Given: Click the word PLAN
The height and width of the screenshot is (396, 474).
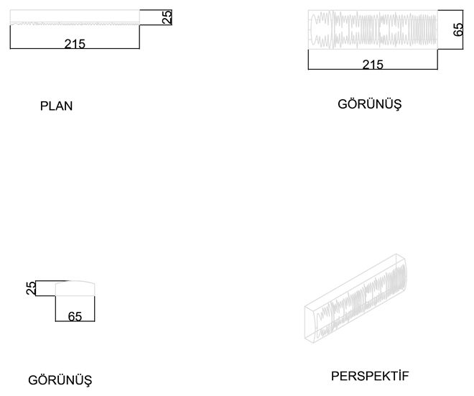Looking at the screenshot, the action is pyautogui.click(x=56, y=106).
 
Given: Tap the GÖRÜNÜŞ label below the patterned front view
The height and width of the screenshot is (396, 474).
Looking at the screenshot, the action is pyautogui.click(x=369, y=105).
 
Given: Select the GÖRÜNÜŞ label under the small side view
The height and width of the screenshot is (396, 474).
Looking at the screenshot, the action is pyautogui.click(x=60, y=380).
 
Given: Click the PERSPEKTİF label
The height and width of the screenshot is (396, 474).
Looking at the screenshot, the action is pyautogui.click(x=370, y=376).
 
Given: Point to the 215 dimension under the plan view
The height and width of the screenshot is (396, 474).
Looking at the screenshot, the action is pyautogui.click(x=75, y=44).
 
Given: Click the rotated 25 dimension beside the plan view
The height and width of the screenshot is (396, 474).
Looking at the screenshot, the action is pyautogui.click(x=167, y=17).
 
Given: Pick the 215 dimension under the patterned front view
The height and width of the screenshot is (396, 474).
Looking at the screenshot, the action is pyautogui.click(x=373, y=65).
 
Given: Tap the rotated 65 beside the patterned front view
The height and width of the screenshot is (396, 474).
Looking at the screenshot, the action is pyautogui.click(x=458, y=29).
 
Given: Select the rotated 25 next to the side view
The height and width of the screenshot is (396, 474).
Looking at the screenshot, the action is pyautogui.click(x=31, y=288).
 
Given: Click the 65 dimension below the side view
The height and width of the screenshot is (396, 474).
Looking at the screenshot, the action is pyautogui.click(x=75, y=316).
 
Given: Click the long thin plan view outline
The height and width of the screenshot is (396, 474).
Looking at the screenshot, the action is pyautogui.click(x=75, y=17).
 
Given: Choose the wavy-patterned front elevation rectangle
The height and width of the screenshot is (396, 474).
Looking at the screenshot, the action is pyautogui.click(x=373, y=29).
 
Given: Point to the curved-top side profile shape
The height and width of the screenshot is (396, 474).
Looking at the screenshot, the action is pyautogui.click(x=75, y=288).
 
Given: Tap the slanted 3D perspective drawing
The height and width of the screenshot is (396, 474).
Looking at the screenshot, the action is pyautogui.click(x=355, y=298).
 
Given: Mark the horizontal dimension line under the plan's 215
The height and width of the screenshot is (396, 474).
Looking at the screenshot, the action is pyautogui.click(x=75, y=48).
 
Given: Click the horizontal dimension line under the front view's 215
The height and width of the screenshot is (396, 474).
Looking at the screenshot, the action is pyautogui.click(x=373, y=69).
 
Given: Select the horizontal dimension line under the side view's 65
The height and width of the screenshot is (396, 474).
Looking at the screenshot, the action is pyautogui.click(x=75, y=321).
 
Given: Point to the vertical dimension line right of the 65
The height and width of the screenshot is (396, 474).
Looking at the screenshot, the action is pyautogui.click(x=463, y=29).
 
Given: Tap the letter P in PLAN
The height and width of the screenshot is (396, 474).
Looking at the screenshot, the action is pyautogui.click(x=44, y=106).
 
